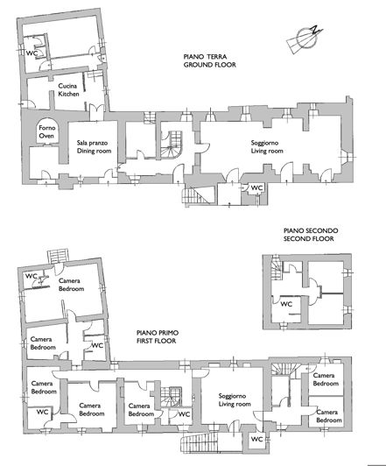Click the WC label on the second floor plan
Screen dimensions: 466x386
point(285,305)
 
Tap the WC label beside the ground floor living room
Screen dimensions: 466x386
point(256,188)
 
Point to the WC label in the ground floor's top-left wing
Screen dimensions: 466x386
point(32,53)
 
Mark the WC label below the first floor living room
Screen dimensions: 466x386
point(256,439)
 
